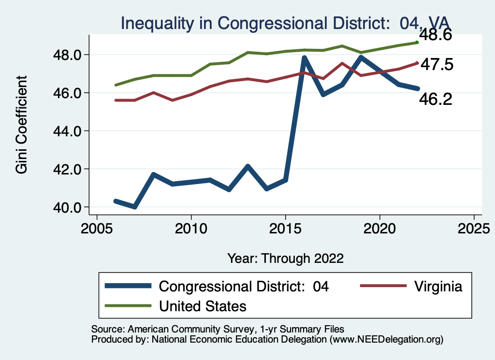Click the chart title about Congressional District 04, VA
click(285, 23)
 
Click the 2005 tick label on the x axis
click(97, 228)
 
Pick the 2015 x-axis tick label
click(286, 228)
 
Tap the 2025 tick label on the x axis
click(474, 228)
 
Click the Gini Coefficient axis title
click(22, 124)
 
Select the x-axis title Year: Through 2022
click(285, 258)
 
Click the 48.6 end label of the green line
click(435, 35)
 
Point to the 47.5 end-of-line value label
click(437, 64)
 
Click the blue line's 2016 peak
click(304, 58)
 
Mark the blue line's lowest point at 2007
click(135, 207)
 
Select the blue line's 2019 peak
click(361, 58)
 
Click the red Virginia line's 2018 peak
click(342, 63)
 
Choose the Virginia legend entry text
click(438, 286)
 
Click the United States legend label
click(203, 306)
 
